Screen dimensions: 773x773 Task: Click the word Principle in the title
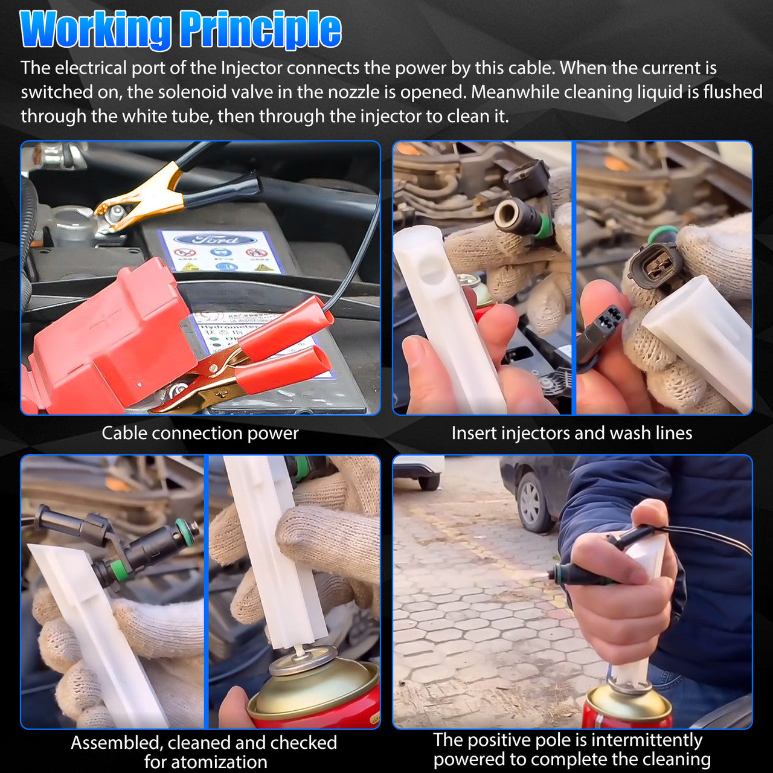(261, 30)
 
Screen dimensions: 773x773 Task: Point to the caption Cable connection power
(200, 433)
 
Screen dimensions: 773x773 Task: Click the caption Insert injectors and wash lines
(572, 433)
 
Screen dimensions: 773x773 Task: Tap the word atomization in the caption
(206, 762)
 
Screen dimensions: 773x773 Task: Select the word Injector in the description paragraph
(252, 68)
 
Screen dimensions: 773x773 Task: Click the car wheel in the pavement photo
(531, 502)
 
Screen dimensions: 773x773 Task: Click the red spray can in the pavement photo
(628, 706)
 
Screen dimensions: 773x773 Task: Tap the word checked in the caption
(304, 743)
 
